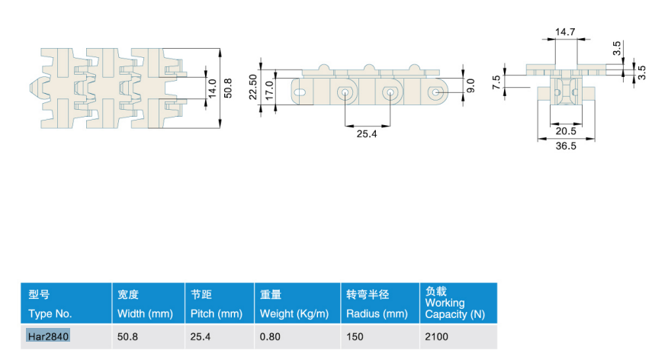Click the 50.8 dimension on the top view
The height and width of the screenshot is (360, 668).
point(228,88)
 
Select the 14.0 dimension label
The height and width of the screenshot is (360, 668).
point(212,88)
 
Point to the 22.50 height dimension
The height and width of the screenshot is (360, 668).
point(253,88)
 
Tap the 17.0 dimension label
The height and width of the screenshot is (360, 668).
point(269,90)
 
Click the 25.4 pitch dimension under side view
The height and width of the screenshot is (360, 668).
point(367,134)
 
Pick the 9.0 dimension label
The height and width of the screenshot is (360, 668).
point(470,85)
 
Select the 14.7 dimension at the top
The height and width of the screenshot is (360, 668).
point(565,32)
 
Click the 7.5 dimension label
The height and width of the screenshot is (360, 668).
point(496,82)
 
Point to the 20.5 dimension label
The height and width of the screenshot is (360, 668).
point(566,131)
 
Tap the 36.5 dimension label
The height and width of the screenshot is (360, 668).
point(566,146)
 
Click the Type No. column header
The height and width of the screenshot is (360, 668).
point(50,314)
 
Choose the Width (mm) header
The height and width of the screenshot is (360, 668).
point(146,314)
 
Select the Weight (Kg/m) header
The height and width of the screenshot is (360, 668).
point(294,314)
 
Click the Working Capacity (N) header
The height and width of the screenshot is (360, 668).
point(455,308)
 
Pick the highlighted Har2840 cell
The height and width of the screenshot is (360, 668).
point(48,336)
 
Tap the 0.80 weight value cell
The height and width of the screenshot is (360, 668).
point(270,336)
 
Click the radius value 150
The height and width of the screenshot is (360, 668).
point(355,336)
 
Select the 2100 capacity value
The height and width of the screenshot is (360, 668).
point(437,336)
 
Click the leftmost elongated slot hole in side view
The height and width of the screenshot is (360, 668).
point(300,92)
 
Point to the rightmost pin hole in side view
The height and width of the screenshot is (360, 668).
point(435,92)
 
